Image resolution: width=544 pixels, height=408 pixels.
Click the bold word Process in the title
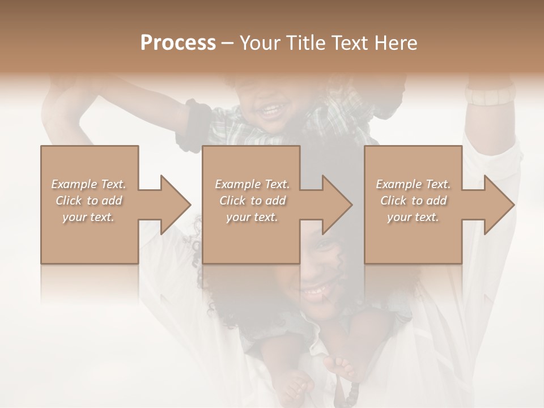pyautogui.click(x=178, y=43)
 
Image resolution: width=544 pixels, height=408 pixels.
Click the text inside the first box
pyautogui.click(x=88, y=200)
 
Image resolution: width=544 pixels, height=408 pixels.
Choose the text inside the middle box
pyautogui.click(x=252, y=200)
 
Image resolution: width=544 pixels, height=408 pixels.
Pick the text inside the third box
pyautogui.click(x=413, y=200)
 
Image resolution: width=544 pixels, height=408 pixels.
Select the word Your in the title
pyautogui.click(x=258, y=43)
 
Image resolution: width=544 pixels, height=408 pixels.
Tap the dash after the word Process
pyautogui.click(x=228, y=43)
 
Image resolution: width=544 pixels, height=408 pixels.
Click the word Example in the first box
pyautogui.click(x=74, y=184)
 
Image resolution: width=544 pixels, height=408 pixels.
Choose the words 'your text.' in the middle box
pyautogui.click(x=252, y=217)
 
